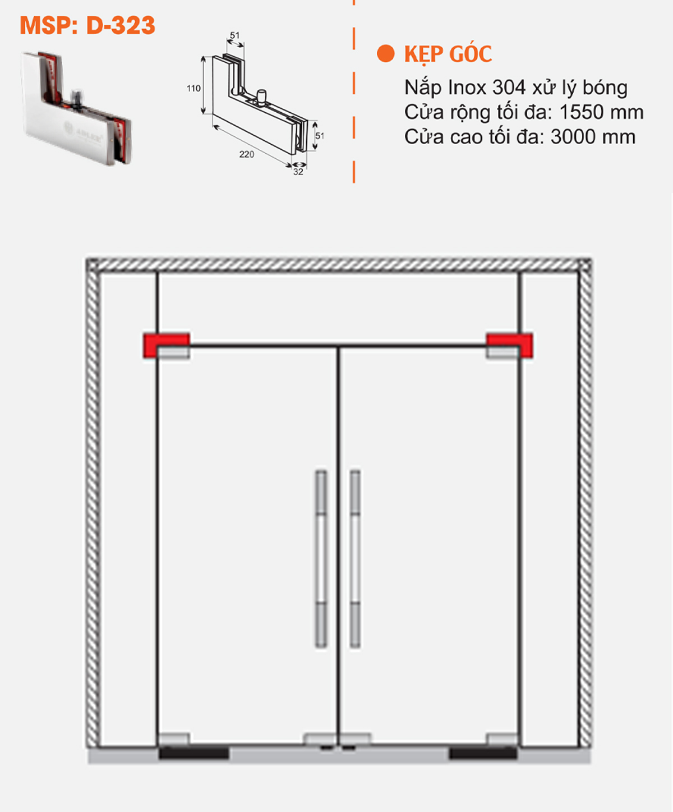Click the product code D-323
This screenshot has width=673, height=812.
tap(120, 26)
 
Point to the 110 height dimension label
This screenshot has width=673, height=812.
tap(193, 89)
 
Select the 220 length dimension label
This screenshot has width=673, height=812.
tap(246, 154)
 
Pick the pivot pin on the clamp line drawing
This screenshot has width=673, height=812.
tap(260, 95)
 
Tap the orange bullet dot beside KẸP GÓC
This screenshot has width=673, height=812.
tap(386, 54)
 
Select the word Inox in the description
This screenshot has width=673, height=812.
tap(467, 88)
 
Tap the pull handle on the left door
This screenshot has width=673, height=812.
tap(321, 558)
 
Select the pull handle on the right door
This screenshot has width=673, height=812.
tap(355, 558)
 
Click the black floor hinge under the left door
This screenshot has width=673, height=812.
tap(193, 753)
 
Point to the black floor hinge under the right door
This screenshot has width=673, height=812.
tap(483, 753)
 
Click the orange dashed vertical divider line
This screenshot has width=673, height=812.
tap(354, 90)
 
